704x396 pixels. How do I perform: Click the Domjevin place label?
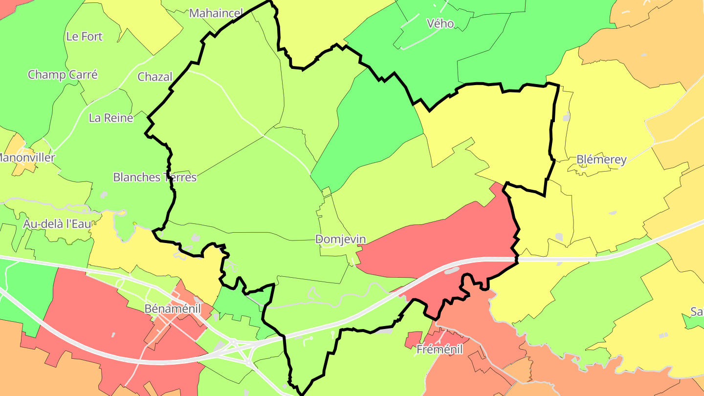(x=340, y=240)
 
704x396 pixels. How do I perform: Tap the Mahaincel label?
(x=216, y=13)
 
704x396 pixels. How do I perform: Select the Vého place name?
(x=440, y=23)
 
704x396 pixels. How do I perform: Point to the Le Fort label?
(x=85, y=37)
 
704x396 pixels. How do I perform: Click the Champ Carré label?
(x=63, y=75)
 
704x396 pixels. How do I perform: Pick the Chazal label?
(x=155, y=77)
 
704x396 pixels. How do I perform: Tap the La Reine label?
(x=111, y=118)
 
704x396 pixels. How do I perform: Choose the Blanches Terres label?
(x=154, y=177)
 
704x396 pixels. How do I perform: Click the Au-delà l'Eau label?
(x=57, y=224)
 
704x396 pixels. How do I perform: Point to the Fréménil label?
(x=439, y=350)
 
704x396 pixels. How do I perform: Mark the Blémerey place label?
(x=601, y=160)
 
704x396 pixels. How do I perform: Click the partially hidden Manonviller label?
(x=27, y=158)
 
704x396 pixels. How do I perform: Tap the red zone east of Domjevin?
(x=440, y=244)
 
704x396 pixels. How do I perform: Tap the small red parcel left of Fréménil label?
(x=413, y=340)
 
